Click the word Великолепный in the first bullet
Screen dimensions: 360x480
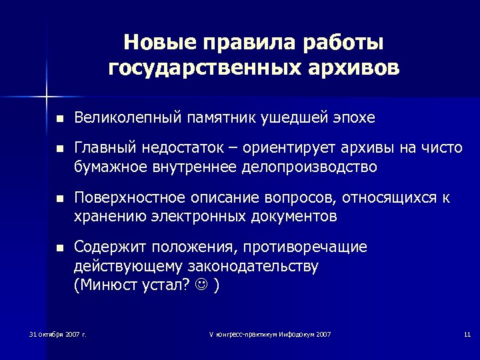click(x=127, y=118)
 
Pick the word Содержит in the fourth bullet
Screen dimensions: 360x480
click(x=105, y=247)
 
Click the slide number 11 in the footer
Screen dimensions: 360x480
click(x=467, y=333)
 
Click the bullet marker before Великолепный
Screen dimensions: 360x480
click(x=59, y=119)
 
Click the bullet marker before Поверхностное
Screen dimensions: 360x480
click(x=59, y=199)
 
